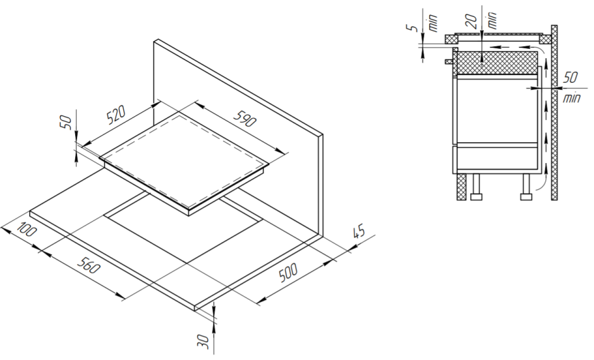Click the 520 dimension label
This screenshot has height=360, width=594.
tap(117, 116)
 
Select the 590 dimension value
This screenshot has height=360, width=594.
tap(245, 119)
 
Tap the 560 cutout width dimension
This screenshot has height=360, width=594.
tap(89, 265)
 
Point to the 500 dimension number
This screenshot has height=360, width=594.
tap(288, 273)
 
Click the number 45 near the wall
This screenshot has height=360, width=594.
tap(358, 231)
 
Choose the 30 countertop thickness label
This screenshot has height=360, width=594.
tap(204, 341)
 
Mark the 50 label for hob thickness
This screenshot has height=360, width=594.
tap(66, 123)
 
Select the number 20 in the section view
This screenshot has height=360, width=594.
tap(471, 21)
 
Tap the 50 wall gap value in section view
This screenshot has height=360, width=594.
tap(571, 78)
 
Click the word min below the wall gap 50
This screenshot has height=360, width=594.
tap(571, 98)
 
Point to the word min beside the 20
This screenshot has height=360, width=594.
tap(492, 20)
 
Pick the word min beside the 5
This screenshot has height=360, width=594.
tap(433, 23)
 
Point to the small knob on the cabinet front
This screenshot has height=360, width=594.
tap(449, 61)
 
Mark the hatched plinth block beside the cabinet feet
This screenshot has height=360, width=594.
tap(461, 187)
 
